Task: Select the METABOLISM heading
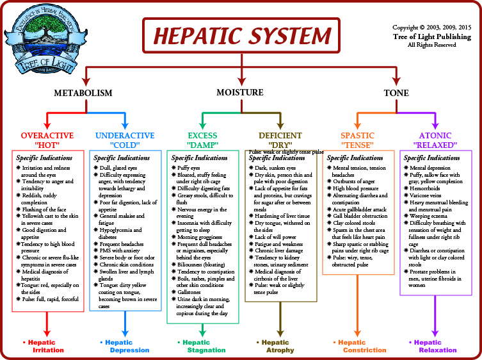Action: tap(83, 93)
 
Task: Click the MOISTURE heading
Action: tap(240, 93)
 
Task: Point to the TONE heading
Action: tap(396, 93)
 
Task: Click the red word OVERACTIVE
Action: tap(47, 135)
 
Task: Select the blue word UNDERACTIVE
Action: tap(125, 135)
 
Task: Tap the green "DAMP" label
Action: tap(203, 145)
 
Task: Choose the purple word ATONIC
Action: tap(435, 135)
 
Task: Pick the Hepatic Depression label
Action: tap(125, 346)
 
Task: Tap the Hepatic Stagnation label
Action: tap(202, 346)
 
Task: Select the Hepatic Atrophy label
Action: tap(279, 346)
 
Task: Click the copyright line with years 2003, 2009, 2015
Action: tap(431, 28)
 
